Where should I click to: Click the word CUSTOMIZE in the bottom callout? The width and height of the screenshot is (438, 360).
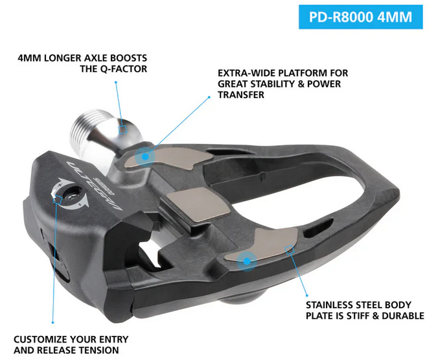coord(43,339)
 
